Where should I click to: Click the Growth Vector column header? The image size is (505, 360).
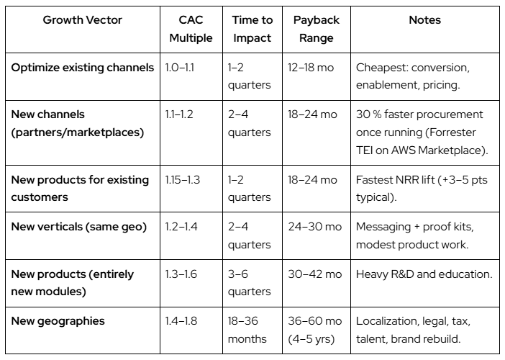(83, 20)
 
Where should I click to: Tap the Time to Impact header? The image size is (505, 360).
(252, 29)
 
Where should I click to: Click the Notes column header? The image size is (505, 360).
(424, 20)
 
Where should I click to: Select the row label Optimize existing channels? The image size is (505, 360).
(83, 68)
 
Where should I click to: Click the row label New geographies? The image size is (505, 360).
(58, 320)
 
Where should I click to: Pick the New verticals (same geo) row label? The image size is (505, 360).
(79, 227)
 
